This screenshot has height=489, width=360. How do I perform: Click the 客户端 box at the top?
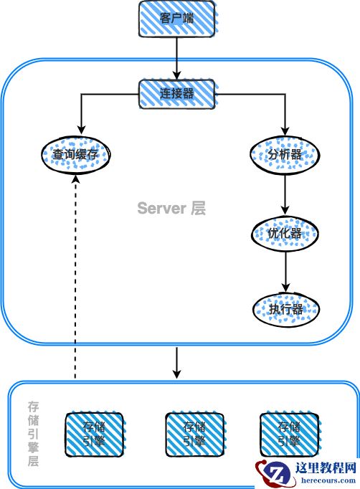pyautogui.click(x=176, y=19)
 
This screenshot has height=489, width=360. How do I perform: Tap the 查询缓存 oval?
pyautogui.click(x=75, y=153)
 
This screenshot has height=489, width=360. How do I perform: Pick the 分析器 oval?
pyautogui.click(x=285, y=153)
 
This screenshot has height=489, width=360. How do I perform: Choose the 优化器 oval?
pyautogui.click(x=285, y=233)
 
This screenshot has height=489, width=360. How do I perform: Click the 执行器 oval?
pyautogui.click(x=285, y=308)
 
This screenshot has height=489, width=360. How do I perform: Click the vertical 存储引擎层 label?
pyautogui.click(x=33, y=434)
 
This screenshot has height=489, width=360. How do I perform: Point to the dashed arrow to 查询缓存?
pyautogui.click(x=75, y=287)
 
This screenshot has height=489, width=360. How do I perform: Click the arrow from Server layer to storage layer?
pyautogui.click(x=176, y=362)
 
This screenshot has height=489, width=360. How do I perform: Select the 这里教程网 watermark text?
pyautogui.click(x=326, y=470)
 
